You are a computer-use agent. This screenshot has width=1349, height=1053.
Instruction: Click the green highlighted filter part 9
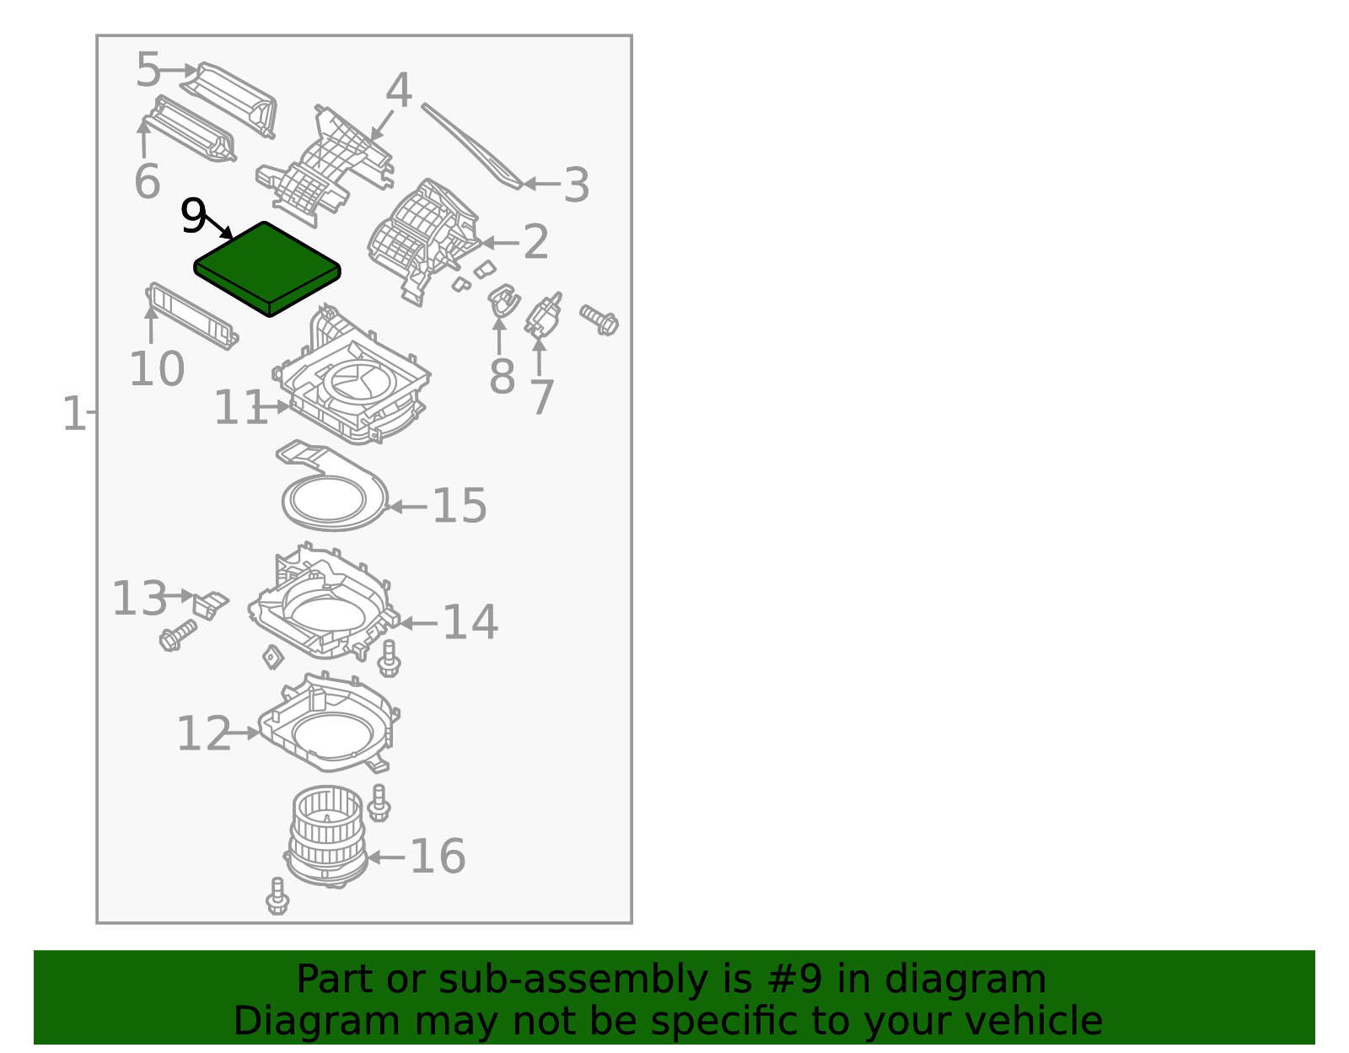click(267, 268)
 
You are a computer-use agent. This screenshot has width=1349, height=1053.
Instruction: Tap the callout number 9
click(193, 218)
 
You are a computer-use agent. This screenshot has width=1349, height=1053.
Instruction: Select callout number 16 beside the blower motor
click(437, 857)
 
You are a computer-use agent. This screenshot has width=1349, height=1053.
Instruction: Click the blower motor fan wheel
click(327, 835)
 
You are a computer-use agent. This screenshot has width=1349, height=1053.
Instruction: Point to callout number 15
click(460, 506)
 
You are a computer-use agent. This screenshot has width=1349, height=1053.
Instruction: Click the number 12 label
click(203, 733)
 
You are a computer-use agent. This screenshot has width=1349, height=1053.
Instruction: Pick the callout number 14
click(470, 622)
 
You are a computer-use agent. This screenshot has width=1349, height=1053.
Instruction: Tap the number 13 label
click(139, 599)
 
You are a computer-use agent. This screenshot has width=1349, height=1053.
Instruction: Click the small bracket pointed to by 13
click(209, 604)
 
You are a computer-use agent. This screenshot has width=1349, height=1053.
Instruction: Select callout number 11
click(240, 408)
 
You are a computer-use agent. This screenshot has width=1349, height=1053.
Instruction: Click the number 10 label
click(157, 369)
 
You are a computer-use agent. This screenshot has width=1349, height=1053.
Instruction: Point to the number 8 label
click(502, 376)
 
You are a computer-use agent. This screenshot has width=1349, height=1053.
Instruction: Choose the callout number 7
click(542, 397)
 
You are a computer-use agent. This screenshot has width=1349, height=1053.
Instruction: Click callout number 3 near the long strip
click(576, 185)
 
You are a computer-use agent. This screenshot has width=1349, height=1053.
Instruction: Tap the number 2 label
click(536, 243)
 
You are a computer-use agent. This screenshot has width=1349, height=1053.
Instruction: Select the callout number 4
click(398, 91)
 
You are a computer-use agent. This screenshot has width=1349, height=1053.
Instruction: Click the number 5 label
click(148, 70)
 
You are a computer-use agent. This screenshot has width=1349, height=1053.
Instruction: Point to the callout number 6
click(147, 181)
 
